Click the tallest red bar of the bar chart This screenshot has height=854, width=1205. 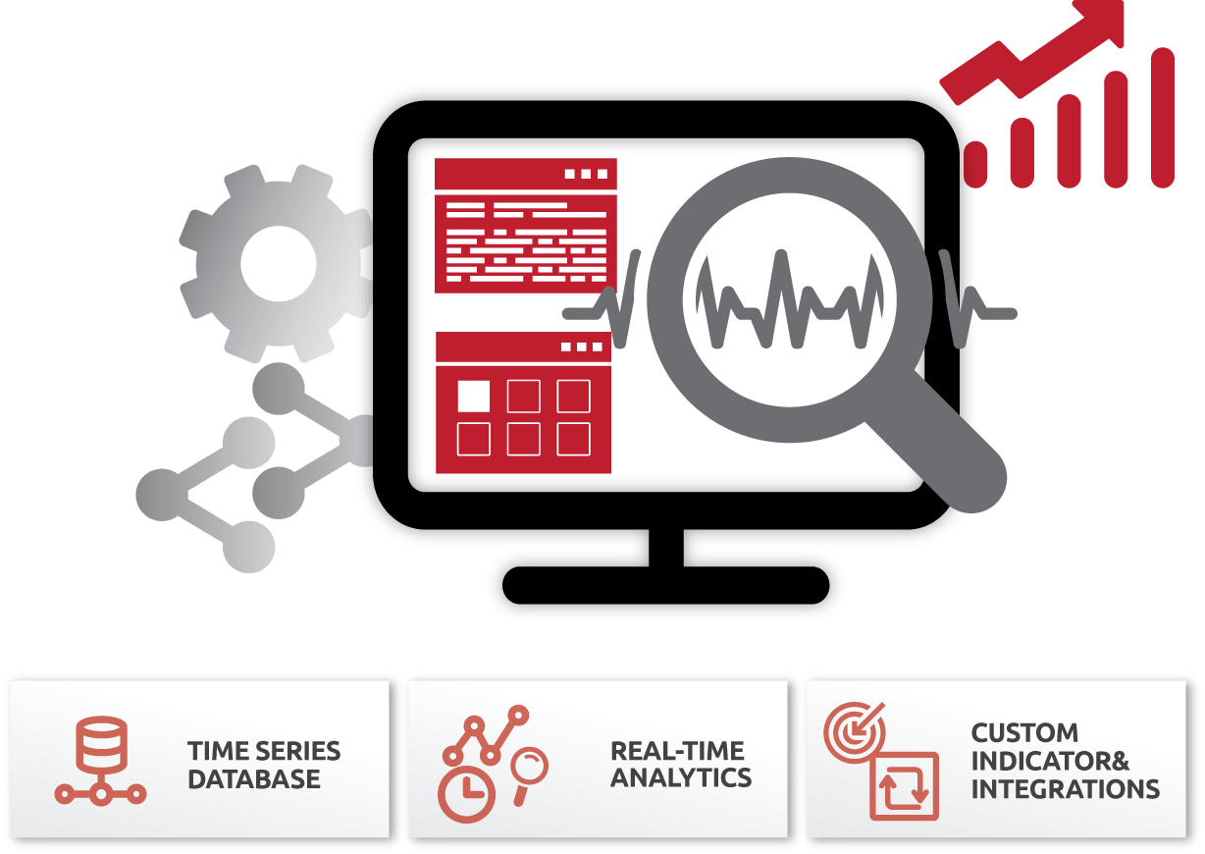click(x=1162, y=117)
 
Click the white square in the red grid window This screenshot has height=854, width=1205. click(x=474, y=395)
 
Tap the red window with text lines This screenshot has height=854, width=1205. click(x=525, y=227)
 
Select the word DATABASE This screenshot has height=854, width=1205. click(x=254, y=780)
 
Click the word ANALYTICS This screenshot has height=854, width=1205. click(x=681, y=778)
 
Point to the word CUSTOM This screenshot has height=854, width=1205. click(x=1011, y=733)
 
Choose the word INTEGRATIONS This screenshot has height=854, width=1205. click(x=1065, y=788)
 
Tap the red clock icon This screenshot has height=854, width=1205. click(x=467, y=792)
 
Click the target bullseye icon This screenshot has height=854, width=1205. click(x=852, y=730)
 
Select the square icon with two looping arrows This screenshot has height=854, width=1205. click(x=904, y=786)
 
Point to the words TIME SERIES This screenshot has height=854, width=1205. click(x=264, y=752)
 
